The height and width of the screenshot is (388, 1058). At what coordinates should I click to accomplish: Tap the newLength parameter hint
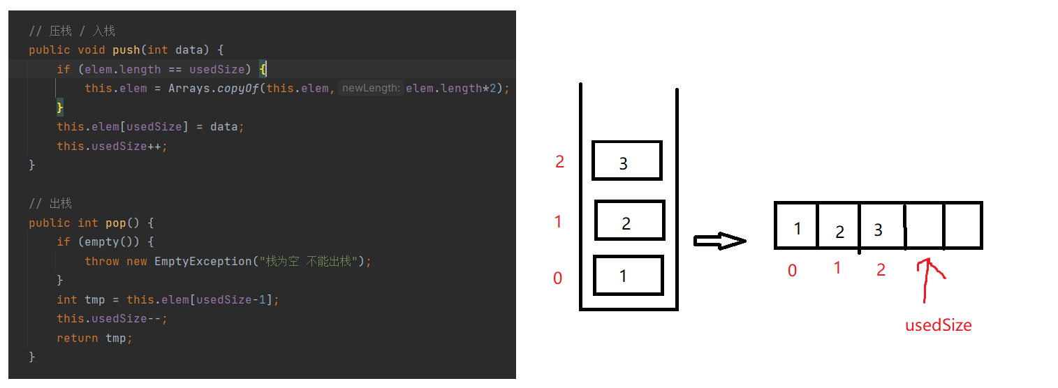click(370, 89)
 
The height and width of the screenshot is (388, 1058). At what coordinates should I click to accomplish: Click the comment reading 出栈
click(60, 204)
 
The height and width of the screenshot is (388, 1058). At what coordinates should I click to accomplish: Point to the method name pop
click(115, 223)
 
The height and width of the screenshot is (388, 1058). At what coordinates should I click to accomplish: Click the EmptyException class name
click(204, 262)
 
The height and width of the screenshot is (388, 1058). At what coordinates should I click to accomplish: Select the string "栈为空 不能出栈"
click(312, 262)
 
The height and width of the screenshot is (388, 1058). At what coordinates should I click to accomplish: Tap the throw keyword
click(102, 262)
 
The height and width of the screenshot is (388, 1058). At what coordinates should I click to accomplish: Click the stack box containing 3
click(626, 161)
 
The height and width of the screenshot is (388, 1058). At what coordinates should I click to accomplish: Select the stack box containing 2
click(629, 221)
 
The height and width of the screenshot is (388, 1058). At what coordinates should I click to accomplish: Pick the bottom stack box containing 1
click(628, 275)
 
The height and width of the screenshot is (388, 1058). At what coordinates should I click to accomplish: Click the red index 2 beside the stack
click(559, 162)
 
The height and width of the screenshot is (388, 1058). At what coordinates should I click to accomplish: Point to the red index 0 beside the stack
click(557, 278)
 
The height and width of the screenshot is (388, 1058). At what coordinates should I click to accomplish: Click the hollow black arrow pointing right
click(719, 241)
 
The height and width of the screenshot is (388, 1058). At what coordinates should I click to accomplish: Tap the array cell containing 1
click(796, 225)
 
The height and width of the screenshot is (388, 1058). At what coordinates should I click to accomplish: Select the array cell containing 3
click(881, 225)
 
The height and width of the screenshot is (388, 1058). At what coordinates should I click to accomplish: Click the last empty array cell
click(963, 225)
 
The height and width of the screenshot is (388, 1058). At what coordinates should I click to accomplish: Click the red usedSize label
click(938, 325)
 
